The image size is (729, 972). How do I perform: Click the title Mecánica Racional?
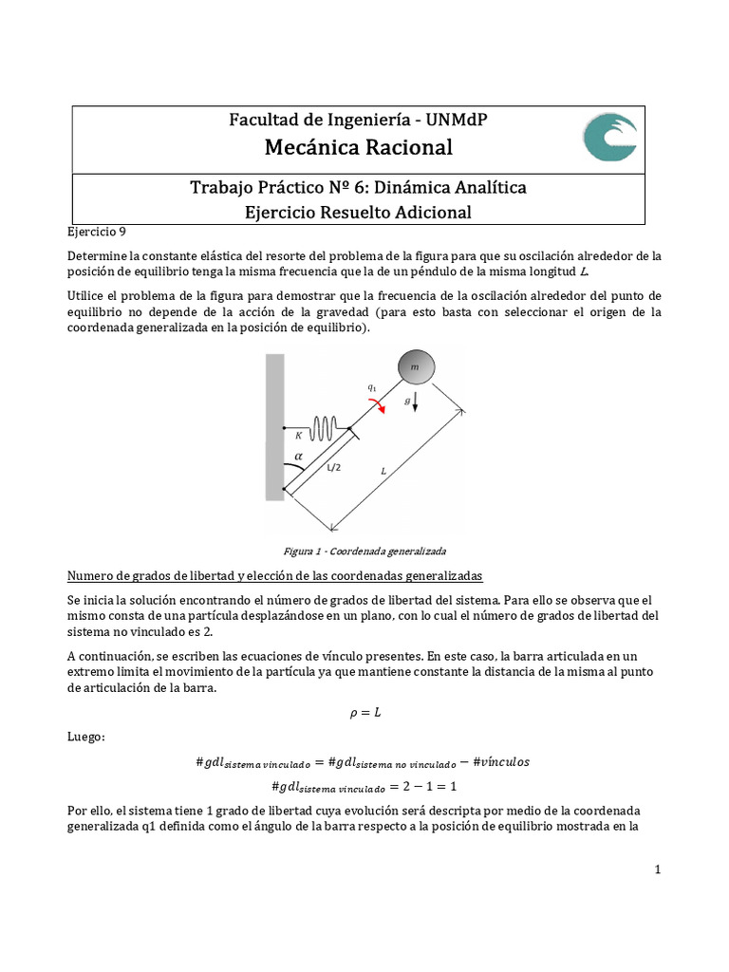[358, 147]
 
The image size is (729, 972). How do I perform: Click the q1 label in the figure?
[371, 387]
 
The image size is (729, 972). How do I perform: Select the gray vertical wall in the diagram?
[274, 425]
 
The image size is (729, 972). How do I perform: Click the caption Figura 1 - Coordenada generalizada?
[364, 551]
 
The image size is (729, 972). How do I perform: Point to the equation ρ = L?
[364, 712]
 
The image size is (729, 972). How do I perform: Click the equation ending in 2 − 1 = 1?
[364, 787]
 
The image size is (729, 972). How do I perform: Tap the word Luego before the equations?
[86, 736]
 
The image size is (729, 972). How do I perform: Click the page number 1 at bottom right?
[656, 869]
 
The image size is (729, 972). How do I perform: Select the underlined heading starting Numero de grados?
[275, 576]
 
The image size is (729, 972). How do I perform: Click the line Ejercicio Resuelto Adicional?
[358, 212]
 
